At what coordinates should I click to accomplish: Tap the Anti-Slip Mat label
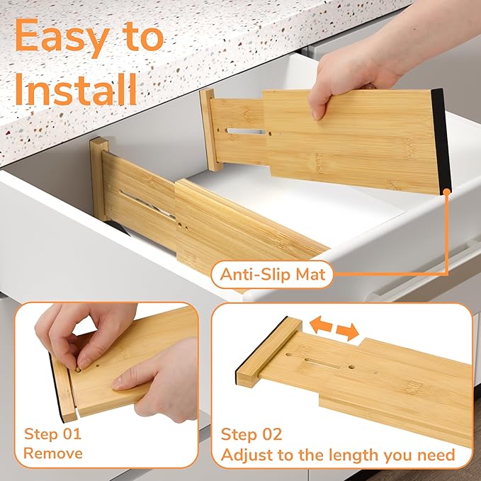(273, 274)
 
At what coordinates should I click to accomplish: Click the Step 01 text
(52, 434)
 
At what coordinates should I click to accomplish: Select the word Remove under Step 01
(53, 453)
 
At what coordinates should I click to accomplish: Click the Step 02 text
(251, 434)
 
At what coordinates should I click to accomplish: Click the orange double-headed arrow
(333, 328)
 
